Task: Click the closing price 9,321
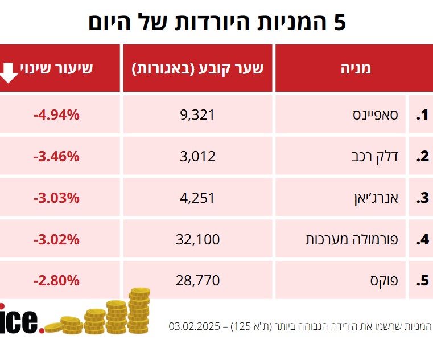coord(197,115)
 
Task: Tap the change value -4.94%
coord(56,115)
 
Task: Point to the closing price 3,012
coord(197,157)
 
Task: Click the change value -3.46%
coord(56,157)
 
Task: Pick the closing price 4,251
coord(197,198)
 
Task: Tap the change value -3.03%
coord(56,198)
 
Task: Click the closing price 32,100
coord(197,240)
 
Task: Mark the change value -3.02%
coord(56,240)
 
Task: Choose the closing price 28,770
coord(197,281)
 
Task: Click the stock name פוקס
coord(394,281)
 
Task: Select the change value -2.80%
coord(56,281)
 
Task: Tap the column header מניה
coord(355,68)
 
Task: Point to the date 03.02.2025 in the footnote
coord(193,326)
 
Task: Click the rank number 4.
coord(422,240)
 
